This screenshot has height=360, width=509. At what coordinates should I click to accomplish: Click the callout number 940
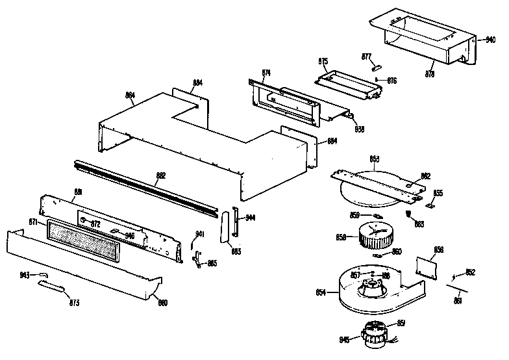[x=491, y=38]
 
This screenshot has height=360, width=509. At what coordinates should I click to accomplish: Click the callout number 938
[x=359, y=128]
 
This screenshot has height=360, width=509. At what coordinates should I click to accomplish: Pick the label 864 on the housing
[x=130, y=95]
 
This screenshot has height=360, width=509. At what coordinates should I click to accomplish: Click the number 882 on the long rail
[x=161, y=175]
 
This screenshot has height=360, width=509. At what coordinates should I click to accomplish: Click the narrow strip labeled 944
[x=236, y=224]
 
